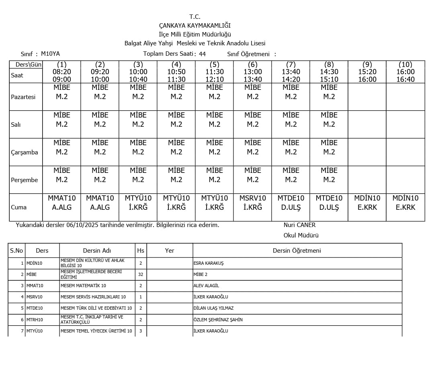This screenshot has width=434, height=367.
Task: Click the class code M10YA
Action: point(50,54)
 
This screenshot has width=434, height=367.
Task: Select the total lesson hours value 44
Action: point(202,54)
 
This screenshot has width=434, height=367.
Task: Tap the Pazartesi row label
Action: point(23,97)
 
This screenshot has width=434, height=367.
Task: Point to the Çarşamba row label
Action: point(25,152)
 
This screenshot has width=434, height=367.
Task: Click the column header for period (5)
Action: point(215,65)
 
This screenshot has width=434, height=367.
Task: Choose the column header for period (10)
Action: point(405,65)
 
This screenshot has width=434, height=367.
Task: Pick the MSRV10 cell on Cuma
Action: point(253,203)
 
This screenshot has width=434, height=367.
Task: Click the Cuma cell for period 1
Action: point(62,203)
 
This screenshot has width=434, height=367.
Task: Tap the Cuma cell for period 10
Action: point(405,203)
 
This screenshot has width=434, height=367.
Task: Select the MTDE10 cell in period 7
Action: point(291,203)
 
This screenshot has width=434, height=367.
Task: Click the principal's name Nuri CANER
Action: point(299,225)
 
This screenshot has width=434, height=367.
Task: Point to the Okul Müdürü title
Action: point(301,235)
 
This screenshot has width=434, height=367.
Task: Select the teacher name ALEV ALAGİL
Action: point(206,286)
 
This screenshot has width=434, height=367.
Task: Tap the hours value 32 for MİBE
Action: point(141,274)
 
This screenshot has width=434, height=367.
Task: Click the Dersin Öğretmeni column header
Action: point(297,251)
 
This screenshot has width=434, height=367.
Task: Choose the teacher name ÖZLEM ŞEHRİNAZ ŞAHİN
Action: point(218,320)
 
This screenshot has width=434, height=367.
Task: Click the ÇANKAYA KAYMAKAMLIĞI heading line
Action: point(195,26)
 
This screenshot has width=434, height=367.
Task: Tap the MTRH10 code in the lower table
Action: point(35,320)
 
